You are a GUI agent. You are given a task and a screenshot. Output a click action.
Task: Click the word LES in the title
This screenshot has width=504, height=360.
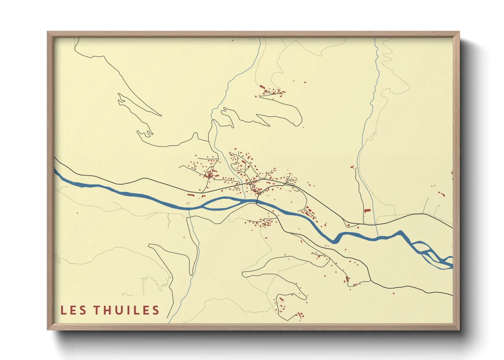click(73, 310)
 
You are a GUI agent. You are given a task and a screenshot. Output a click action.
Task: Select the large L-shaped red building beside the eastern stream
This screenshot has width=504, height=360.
click(367, 211)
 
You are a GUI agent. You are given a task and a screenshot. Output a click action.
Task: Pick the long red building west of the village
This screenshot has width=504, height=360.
click(191, 195)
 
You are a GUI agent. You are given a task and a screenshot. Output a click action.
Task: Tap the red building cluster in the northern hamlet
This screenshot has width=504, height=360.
click(272, 91)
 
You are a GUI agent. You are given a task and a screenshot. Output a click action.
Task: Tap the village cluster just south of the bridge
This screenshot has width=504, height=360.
click(264, 223)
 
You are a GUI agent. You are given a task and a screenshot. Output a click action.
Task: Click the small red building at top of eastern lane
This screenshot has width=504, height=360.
click(352, 167)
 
